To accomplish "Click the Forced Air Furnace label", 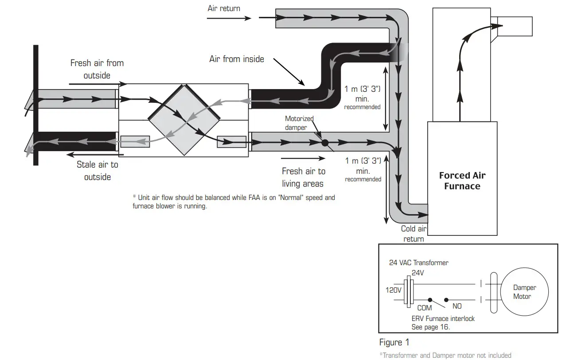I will point(462,180).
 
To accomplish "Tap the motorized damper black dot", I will point(324,143).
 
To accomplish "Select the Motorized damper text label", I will point(299,123).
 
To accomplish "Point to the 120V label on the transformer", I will point(393,290).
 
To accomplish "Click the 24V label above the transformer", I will point(418,273).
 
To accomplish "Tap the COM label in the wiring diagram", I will point(424,308).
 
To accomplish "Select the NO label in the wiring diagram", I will point(457,306).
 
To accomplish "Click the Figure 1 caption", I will point(394,342).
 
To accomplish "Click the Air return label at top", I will point(224,8).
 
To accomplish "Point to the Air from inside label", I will point(237,59).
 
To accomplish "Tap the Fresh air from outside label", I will point(97,69).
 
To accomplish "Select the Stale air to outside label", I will point(98,171).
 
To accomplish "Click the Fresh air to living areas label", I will point(304,177).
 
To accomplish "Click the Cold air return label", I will point(414,234).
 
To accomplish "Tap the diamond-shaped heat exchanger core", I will point(184,120).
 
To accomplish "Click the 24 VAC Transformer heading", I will point(418,262).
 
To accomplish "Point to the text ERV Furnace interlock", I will point(443,319).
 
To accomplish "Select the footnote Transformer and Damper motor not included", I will point(445,355).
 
